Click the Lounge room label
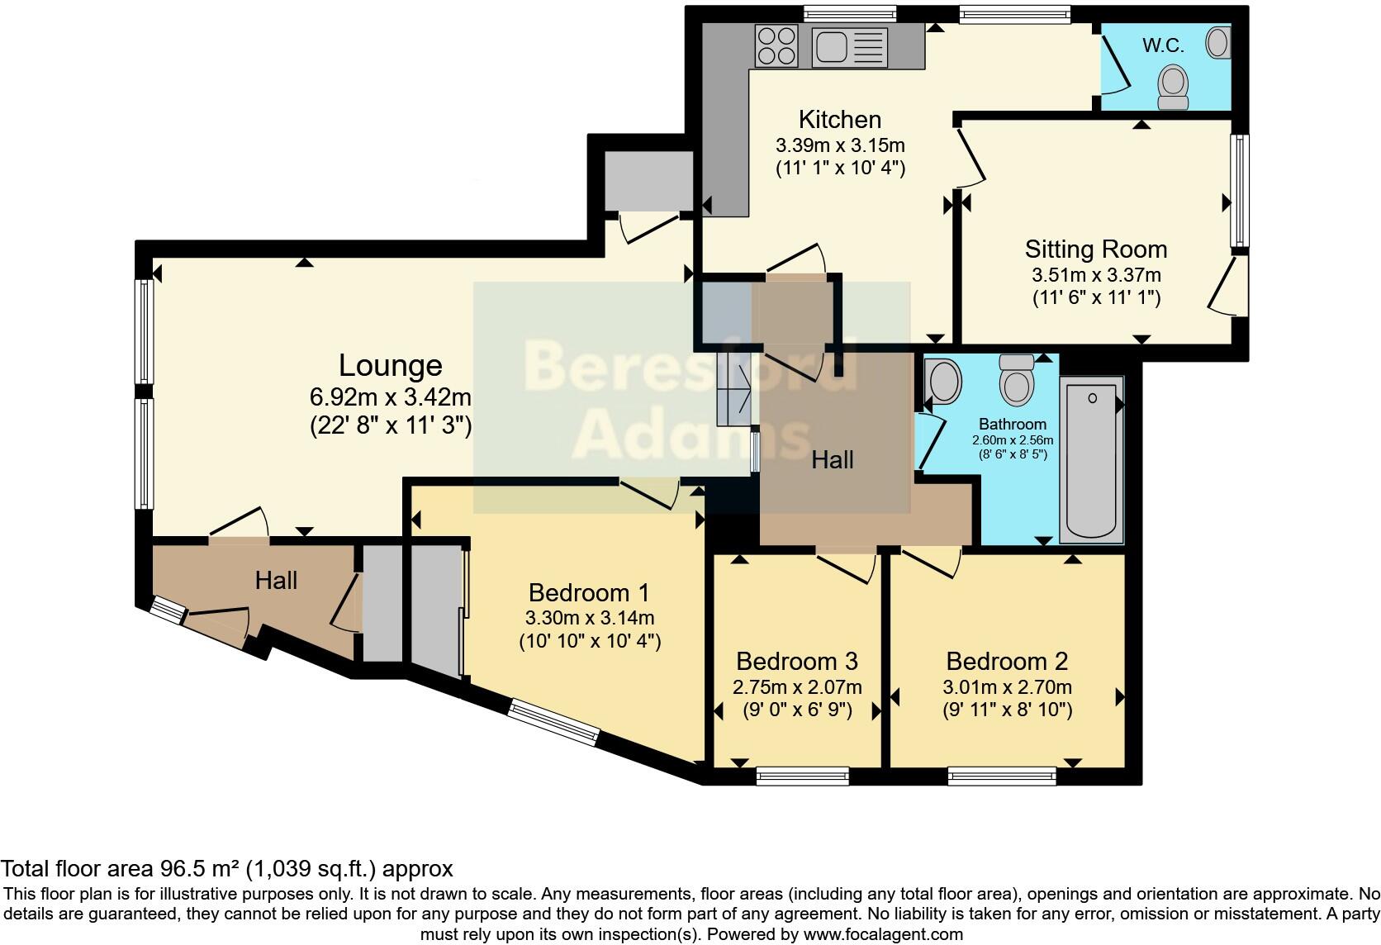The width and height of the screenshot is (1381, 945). pyautogui.click(x=390, y=365)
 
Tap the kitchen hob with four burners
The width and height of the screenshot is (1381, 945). pyautogui.click(x=776, y=45)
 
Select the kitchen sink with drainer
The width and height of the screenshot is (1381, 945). pyautogui.click(x=850, y=46)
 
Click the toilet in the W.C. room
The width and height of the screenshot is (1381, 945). pyautogui.click(x=1173, y=88)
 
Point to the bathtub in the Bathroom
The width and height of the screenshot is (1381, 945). pyautogui.click(x=1091, y=459)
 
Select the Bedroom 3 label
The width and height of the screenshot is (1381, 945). pyautogui.click(x=796, y=662)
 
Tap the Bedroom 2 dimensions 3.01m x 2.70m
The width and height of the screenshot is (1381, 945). pyautogui.click(x=1007, y=687)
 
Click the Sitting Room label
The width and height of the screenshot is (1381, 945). pyautogui.click(x=1095, y=249)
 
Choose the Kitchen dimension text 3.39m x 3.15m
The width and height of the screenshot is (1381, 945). pyautogui.click(x=840, y=146)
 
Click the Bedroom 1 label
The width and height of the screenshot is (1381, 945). pyautogui.click(x=589, y=593)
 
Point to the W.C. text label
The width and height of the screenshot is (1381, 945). pyautogui.click(x=1163, y=46)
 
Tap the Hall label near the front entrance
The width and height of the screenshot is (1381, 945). pyautogui.click(x=276, y=581)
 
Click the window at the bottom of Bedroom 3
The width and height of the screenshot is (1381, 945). pyautogui.click(x=802, y=776)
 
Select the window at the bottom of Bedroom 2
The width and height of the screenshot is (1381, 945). pyautogui.click(x=1002, y=776)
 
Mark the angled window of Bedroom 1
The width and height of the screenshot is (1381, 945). pyautogui.click(x=553, y=722)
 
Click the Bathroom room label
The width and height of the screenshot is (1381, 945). pyautogui.click(x=1013, y=424)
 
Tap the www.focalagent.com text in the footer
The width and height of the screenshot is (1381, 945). pyautogui.click(x=883, y=935)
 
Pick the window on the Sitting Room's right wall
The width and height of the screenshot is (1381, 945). pyautogui.click(x=1239, y=191)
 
